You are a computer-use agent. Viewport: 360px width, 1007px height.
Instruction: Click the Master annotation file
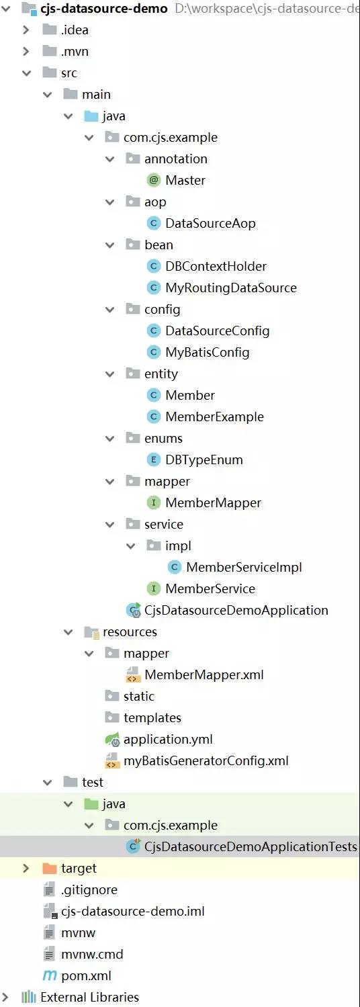coord(185,180)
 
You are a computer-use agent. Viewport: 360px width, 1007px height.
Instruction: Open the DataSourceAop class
coord(210,224)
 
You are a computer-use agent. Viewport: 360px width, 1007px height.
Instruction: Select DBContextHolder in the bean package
coord(216,266)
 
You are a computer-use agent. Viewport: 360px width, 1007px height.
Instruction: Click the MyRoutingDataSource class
coord(231,288)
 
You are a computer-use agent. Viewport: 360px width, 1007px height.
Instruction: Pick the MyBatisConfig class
coord(207,353)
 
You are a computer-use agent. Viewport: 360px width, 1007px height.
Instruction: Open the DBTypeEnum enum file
coord(204,460)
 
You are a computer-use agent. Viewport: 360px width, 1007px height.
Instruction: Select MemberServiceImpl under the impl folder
coord(244,568)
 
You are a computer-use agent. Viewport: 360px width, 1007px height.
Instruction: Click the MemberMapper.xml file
coord(204,674)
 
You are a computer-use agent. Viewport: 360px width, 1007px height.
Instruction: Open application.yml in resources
coord(168,740)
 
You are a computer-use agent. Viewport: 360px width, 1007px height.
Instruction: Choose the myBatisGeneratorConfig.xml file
coord(206,761)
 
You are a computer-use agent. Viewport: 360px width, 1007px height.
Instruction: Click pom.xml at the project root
coord(86,976)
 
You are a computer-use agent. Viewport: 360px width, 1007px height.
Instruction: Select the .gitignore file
coord(89,890)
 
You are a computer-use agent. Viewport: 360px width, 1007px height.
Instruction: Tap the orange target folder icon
coord(49,868)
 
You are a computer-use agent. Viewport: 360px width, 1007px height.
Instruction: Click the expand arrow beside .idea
coord(26,30)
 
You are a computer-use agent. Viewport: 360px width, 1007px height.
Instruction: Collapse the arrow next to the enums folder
coord(109,439)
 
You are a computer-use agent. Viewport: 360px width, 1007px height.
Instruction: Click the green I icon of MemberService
coord(154,588)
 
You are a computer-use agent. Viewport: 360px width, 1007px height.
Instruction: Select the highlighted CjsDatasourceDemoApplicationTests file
coord(251,847)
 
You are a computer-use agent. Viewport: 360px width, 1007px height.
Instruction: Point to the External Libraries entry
coord(89,997)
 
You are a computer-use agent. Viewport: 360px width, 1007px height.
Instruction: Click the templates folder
coord(152,718)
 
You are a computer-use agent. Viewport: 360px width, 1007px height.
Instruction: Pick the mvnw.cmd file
coord(92,955)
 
